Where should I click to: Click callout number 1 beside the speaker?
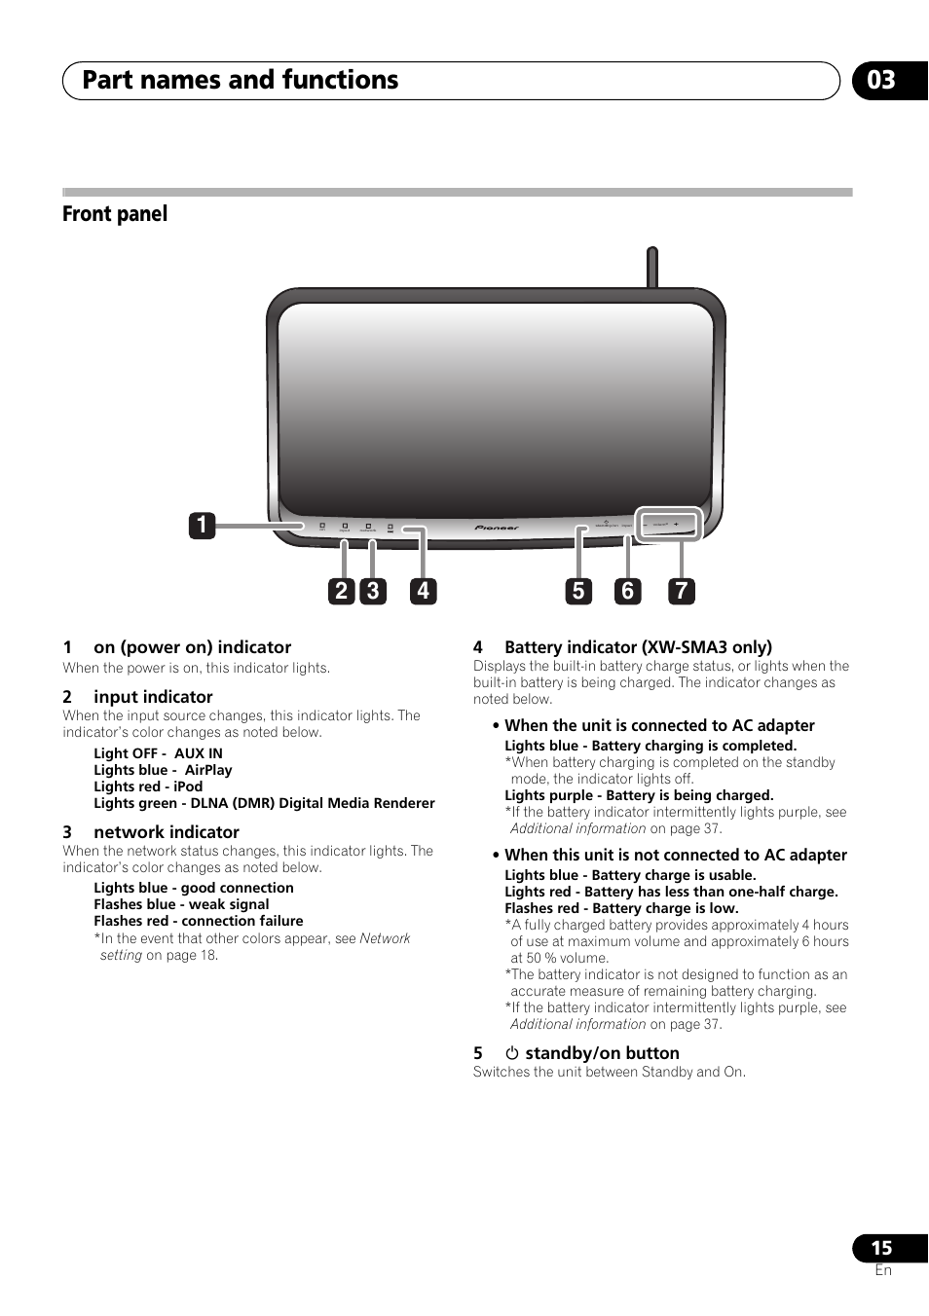[x=202, y=526]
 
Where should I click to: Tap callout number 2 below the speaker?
[x=341, y=591]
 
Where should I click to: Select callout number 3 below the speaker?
[x=372, y=591]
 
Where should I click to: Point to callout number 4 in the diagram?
[x=423, y=591]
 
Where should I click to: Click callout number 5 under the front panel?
[x=578, y=591]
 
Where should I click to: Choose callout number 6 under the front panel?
[x=628, y=591]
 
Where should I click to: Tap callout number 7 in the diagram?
[x=682, y=591]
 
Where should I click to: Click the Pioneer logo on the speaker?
[x=497, y=528]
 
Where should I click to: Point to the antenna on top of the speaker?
[x=652, y=267]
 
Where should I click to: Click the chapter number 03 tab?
[x=882, y=80]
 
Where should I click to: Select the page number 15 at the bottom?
[x=881, y=1248]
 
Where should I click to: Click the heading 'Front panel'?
[x=115, y=214]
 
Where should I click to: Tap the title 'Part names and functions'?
[x=240, y=80]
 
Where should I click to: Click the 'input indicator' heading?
[x=153, y=697]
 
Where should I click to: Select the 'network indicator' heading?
[x=166, y=832]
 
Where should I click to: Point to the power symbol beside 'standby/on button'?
[x=512, y=1053]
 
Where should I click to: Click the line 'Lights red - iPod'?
[x=148, y=786]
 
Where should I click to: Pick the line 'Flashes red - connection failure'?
[x=199, y=921]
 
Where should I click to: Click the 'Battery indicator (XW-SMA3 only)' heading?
[x=638, y=647]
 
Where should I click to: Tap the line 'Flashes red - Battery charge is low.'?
[x=621, y=908]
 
